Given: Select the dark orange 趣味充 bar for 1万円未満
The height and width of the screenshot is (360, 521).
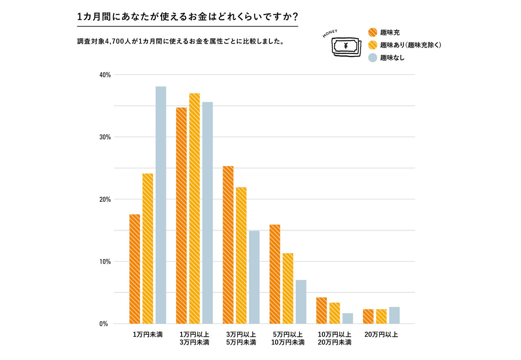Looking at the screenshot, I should pyautogui.click(x=135, y=269).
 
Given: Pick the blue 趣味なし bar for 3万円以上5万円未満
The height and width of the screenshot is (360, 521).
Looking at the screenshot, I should pyautogui.click(x=254, y=277).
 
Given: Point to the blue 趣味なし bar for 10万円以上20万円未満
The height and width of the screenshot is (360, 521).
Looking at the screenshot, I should pyautogui.click(x=348, y=318).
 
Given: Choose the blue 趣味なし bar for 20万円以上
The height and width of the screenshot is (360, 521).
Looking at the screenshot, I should pyautogui.click(x=394, y=315).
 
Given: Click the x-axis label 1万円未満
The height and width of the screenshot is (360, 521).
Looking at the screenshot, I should pyautogui.click(x=148, y=335).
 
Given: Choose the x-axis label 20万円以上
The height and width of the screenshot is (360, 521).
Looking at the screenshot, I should pyautogui.click(x=381, y=335).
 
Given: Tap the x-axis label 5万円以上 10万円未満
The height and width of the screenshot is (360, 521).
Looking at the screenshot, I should pyautogui.click(x=288, y=338).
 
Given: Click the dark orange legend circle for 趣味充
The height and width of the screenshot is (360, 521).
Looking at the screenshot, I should pyautogui.click(x=372, y=33).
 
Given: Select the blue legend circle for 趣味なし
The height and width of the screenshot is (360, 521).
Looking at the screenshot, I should pyautogui.click(x=372, y=58).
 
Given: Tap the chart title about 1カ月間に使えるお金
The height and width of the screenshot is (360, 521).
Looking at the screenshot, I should pyautogui.click(x=187, y=17).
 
